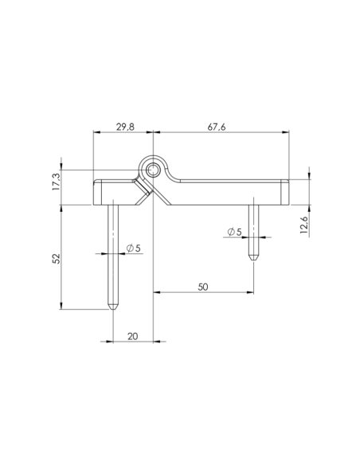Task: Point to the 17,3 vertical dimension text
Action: tap(56, 181)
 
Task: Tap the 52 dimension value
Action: tap(56, 259)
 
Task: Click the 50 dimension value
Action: tap(204, 286)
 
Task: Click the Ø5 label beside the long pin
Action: tap(133, 249)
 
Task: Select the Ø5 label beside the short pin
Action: tap(234, 232)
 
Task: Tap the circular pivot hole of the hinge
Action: tap(152, 169)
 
